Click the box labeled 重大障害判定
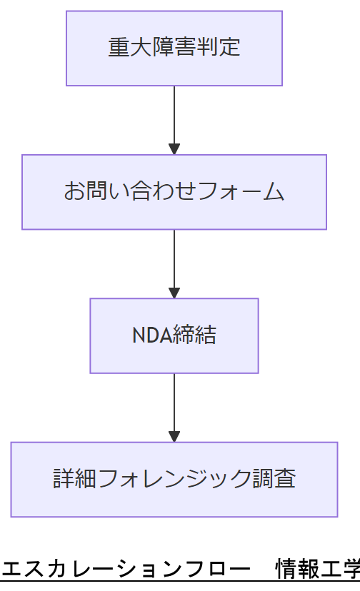click(x=174, y=48)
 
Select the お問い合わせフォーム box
click(x=174, y=192)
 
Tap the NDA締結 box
click(x=174, y=335)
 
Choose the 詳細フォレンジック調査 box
click(x=174, y=479)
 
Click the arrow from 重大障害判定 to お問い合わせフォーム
click(x=174, y=114)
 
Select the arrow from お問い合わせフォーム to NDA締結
click(x=174, y=258)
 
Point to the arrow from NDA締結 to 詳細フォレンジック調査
click(x=174, y=402)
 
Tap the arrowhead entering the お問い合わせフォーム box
click(x=174, y=149)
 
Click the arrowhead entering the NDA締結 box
click(x=174, y=293)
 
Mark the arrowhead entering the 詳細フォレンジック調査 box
click(x=174, y=436)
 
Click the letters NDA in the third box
click(x=151, y=335)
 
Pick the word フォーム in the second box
click(x=252, y=192)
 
